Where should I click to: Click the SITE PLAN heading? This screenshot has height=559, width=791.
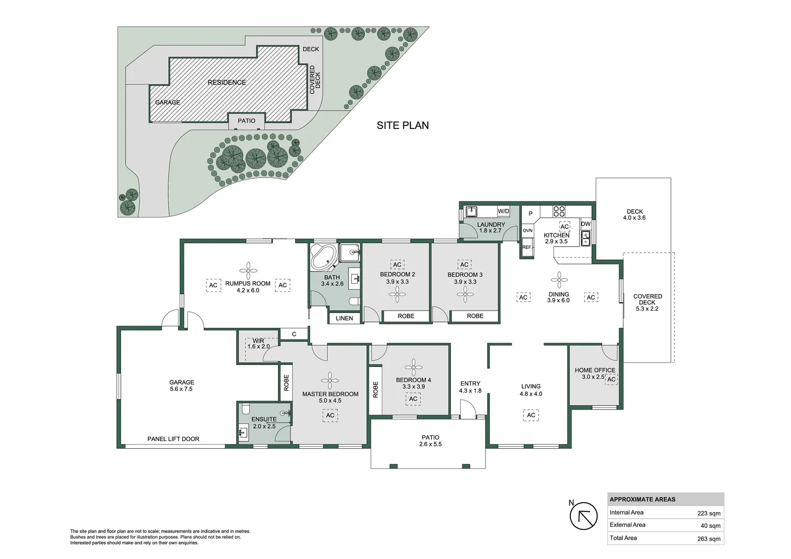click(402, 125)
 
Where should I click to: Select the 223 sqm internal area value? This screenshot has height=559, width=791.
click(708, 513)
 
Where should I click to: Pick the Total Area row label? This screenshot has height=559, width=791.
click(623, 538)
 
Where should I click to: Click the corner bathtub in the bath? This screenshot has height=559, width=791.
click(322, 257)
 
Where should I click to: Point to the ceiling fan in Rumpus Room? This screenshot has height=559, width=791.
click(248, 270)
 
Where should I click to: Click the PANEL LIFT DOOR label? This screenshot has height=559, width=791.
click(173, 439)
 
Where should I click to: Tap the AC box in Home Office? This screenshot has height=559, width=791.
click(611, 379)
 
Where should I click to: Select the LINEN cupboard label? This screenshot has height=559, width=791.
click(344, 318)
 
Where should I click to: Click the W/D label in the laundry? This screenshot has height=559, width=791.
click(503, 211)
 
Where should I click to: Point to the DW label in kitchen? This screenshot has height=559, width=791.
click(585, 224)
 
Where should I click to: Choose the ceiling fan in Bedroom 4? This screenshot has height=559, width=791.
click(413, 367)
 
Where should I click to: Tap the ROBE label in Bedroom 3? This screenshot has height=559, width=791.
click(475, 316)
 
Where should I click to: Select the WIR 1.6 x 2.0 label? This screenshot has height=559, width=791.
click(258, 344)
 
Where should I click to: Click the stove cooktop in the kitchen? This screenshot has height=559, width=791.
click(559, 211)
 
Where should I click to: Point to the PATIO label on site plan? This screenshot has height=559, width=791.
click(246, 121)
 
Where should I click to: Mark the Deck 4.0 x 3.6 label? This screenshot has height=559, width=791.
click(634, 214)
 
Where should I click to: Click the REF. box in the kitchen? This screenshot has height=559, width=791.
click(527, 247)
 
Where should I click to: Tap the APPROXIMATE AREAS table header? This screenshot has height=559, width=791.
click(642, 499)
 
